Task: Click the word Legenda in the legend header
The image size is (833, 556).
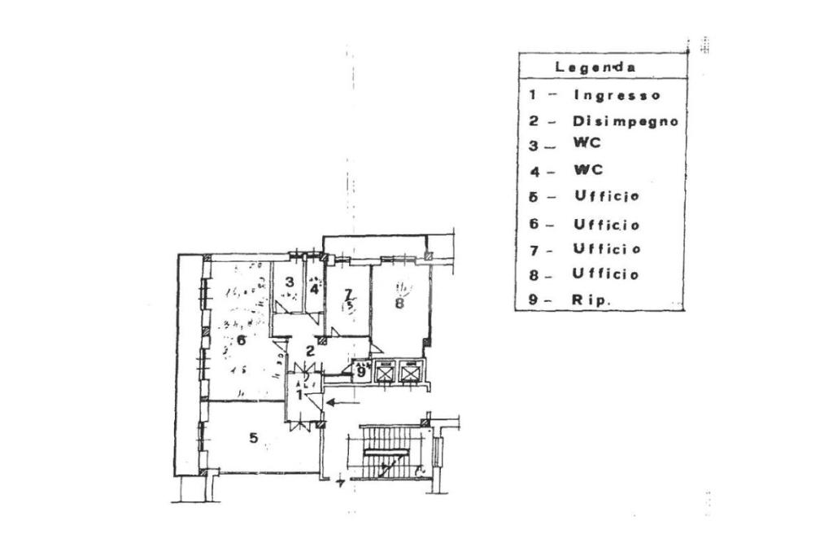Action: pos(595,67)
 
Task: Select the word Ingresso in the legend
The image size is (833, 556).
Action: pos(617,95)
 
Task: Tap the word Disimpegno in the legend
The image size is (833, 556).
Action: pos(626,121)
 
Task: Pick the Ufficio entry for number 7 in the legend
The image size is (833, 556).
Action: pos(607,249)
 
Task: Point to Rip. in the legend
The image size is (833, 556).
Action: pos(592,300)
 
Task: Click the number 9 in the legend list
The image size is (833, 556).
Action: pos(533,300)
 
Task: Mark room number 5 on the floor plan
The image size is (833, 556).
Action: pos(254,439)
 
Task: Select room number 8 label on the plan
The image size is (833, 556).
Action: pos(399,304)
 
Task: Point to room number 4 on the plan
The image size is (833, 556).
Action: pos(314,287)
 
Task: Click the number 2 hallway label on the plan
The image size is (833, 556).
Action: pos(310,351)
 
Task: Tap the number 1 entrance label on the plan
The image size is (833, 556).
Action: pos(299,395)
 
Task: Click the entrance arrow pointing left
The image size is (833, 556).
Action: pos(342,401)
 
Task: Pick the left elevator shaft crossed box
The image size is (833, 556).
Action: pos(384,372)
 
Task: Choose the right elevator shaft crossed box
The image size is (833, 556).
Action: pos(410,372)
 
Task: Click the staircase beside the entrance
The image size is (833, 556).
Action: pos(388,452)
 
